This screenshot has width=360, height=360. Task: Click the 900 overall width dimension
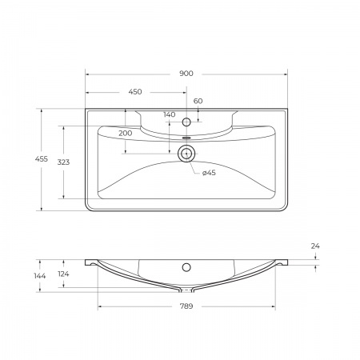(x=186, y=73)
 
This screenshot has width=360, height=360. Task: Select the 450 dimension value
(x=136, y=90)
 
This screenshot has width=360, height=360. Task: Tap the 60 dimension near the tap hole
(x=198, y=100)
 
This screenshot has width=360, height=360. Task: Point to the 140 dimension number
(x=169, y=114)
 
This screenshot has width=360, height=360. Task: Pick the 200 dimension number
(x=126, y=132)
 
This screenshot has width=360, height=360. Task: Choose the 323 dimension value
(x=63, y=162)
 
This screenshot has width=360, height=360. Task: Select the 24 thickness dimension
(x=315, y=246)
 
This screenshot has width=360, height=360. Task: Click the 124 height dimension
(x=63, y=275)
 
